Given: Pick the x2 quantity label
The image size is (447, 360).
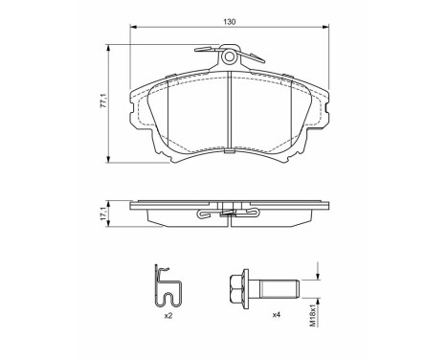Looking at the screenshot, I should click(167, 315).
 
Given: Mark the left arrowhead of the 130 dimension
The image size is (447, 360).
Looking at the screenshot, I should click(132, 31).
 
